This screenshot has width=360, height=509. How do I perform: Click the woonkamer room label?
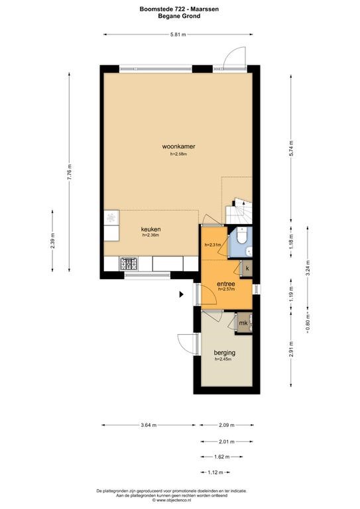click(x=178, y=146)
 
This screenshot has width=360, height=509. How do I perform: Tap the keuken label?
click(x=150, y=229)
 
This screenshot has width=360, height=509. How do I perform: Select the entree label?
click(x=226, y=284)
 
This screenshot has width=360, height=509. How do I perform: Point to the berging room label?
click(x=224, y=353)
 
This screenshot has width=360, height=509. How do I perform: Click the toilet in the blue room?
click(x=242, y=235)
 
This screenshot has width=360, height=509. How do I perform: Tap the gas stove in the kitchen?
click(x=129, y=263)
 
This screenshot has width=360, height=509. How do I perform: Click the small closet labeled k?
click(x=247, y=268)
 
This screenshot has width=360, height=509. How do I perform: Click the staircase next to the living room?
click(x=239, y=210)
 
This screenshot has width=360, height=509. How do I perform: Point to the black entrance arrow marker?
click(x=182, y=294)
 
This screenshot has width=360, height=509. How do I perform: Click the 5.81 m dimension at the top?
click(x=178, y=34)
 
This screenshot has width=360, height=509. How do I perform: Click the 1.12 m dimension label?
click(x=215, y=473)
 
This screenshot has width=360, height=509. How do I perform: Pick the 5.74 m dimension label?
click(x=291, y=148)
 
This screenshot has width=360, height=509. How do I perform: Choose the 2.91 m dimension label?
click(x=291, y=349)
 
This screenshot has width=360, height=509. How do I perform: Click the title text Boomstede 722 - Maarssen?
click(x=179, y=9)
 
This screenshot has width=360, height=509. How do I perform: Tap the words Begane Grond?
click(x=179, y=16)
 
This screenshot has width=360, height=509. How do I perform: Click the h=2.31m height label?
click(x=213, y=245)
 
